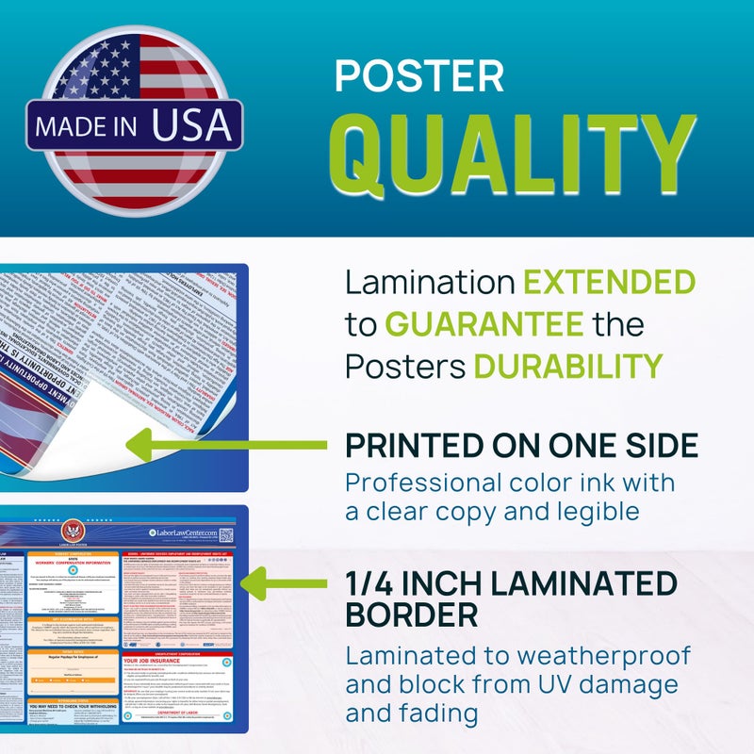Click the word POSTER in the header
click(419, 76)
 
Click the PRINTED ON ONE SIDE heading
click(521, 445)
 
